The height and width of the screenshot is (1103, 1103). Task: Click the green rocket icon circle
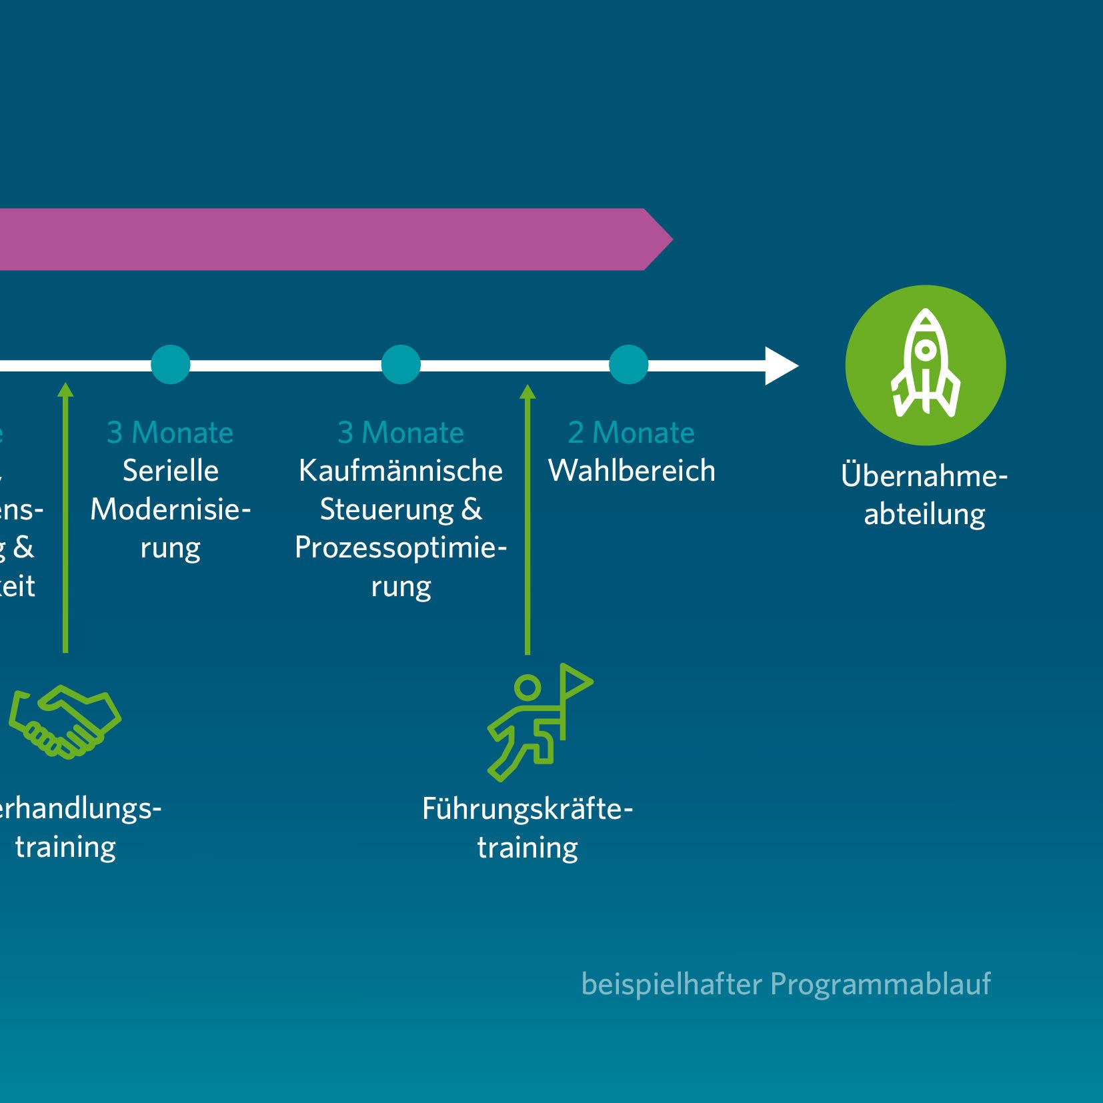coord(925,365)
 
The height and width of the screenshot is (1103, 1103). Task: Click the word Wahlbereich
coord(632,471)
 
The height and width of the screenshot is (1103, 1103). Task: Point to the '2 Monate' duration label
coord(631,433)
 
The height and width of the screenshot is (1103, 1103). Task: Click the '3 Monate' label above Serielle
coord(170,433)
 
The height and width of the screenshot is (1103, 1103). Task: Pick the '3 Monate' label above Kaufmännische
coord(401,433)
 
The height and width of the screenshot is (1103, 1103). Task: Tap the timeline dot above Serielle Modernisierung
coord(171,365)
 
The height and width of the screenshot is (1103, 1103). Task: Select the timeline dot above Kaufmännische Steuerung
coord(401,365)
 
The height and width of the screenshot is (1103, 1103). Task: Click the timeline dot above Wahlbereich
coord(629,365)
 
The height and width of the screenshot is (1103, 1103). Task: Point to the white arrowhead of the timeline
coord(780,365)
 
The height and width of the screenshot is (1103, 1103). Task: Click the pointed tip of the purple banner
coord(667,239)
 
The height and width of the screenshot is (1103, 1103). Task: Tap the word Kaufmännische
coord(401,471)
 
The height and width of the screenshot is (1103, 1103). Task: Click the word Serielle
coord(171,471)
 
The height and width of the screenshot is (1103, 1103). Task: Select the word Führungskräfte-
coord(527,810)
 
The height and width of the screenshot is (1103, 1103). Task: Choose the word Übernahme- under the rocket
coord(924,476)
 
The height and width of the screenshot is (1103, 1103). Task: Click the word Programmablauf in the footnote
coord(880,984)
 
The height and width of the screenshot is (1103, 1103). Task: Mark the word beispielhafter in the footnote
coord(671,984)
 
